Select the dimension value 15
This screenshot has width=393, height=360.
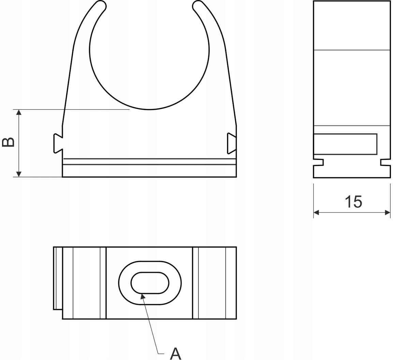353,202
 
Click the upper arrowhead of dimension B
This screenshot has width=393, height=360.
19,112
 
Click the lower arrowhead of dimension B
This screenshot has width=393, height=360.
19,174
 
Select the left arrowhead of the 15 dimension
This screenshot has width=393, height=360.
316,212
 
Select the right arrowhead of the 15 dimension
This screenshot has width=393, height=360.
388,212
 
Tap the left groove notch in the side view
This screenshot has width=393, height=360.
319,162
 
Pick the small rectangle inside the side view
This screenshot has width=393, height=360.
345,144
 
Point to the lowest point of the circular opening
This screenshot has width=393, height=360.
149,109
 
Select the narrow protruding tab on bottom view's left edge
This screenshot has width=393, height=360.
57,278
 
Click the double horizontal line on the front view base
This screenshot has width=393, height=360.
149,162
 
